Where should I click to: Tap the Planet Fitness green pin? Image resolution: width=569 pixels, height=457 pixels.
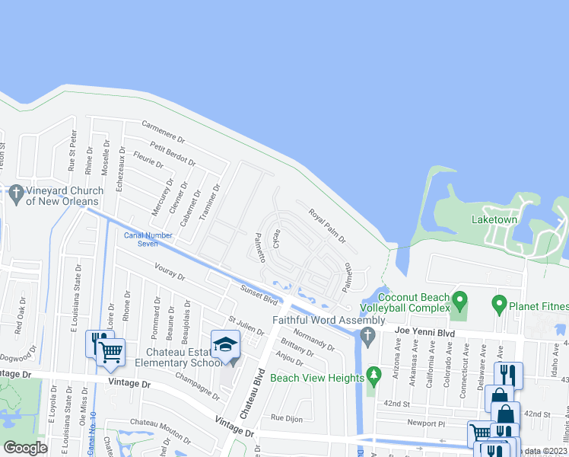point(500,304)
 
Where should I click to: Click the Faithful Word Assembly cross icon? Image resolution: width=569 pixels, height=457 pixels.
point(369,336)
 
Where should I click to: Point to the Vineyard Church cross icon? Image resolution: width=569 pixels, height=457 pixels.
point(15,194)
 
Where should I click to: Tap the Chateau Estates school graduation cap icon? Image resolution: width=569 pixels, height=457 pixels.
point(225,344)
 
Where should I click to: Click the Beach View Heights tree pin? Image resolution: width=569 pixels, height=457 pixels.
point(373,375)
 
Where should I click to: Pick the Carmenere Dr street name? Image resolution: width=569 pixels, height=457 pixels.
point(164,131)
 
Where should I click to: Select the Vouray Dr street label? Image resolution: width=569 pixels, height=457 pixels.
point(170,273)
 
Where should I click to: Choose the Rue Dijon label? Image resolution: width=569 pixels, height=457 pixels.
point(287,417)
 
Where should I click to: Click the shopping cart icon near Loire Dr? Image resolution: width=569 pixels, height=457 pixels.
point(111,351)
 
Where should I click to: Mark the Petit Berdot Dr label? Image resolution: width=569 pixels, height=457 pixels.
point(173,155)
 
